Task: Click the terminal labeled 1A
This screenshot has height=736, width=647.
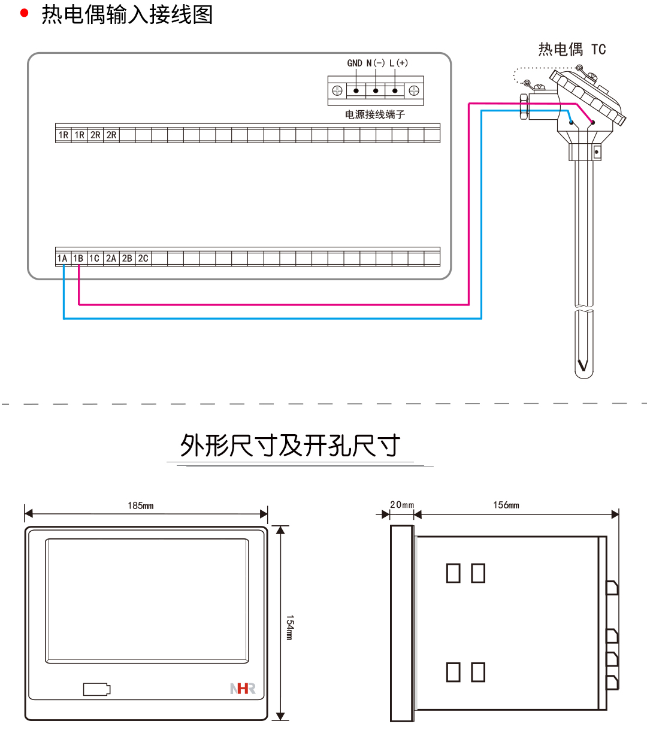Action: click(x=63, y=259)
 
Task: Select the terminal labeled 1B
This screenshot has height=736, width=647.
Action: click(x=78, y=259)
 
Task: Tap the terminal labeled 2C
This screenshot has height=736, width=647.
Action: click(x=143, y=259)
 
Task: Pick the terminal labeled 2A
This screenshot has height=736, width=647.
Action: click(x=111, y=259)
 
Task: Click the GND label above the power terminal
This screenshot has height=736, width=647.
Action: click(x=355, y=63)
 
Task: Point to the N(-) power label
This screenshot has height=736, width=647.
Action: click(x=375, y=63)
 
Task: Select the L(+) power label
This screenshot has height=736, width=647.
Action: click(x=398, y=63)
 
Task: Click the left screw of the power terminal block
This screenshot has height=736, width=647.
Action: click(x=337, y=91)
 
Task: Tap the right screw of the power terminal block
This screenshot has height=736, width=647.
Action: click(x=414, y=91)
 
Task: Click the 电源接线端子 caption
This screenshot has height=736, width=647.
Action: click(x=375, y=114)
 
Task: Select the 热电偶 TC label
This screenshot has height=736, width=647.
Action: click(x=572, y=49)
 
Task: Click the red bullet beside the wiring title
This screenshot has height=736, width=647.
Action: click(x=25, y=13)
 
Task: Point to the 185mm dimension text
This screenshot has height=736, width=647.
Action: click(x=141, y=506)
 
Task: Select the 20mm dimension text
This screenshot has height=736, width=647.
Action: click(x=402, y=505)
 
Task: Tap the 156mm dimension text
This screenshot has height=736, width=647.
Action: click(x=506, y=505)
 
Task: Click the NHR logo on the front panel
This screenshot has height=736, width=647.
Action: click(x=243, y=689)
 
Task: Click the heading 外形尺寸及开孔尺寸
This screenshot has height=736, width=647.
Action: click(x=291, y=446)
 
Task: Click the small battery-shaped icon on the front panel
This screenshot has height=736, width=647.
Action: click(x=96, y=689)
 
